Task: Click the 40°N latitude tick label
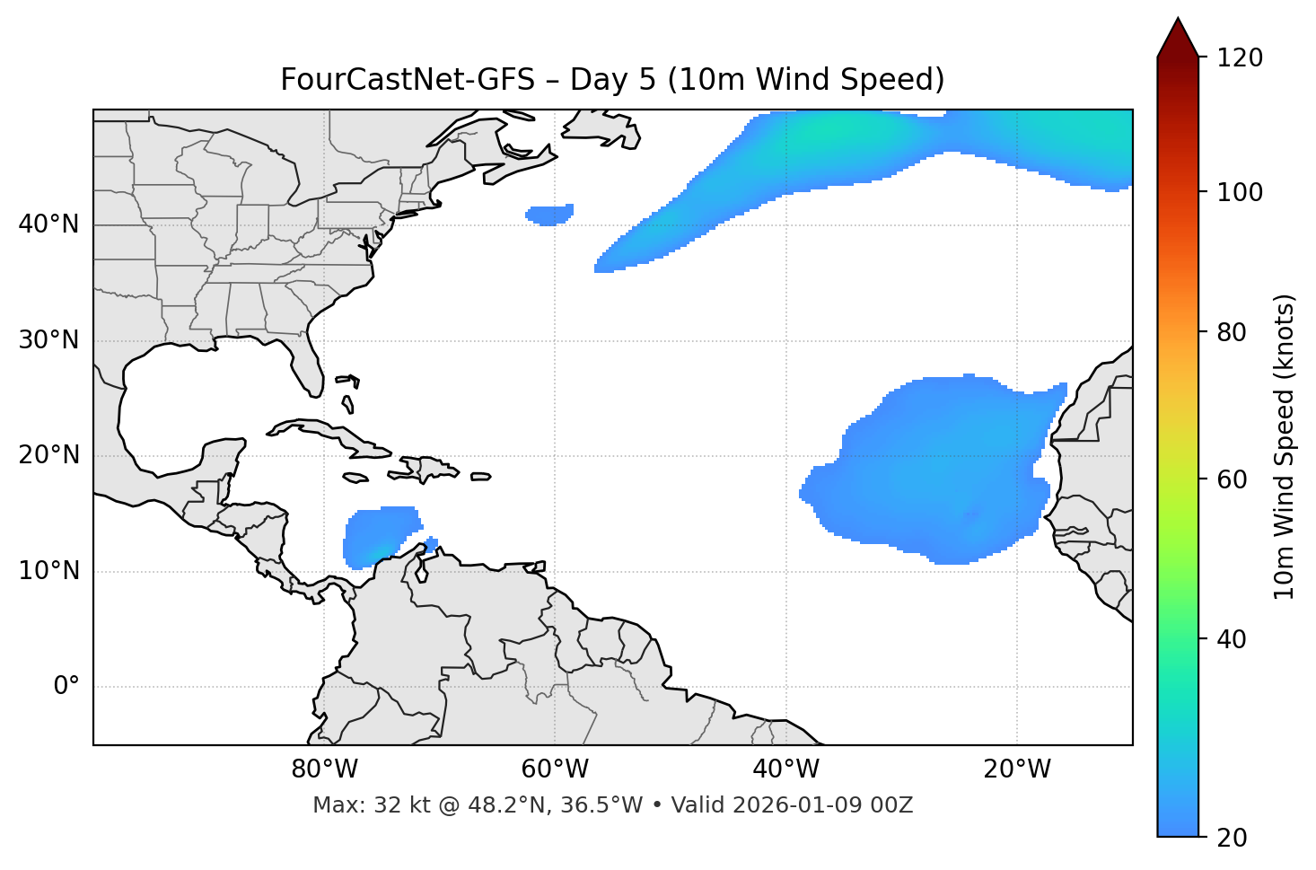click(x=48, y=224)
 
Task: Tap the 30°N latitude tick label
click(x=48, y=340)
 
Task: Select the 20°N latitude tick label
click(x=48, y=455)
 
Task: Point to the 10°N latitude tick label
click(x=48, y=571)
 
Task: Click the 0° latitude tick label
click(x=66, y=687)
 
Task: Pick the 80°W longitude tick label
click(x=324, y=769)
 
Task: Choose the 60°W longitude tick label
click(x=555, y=769)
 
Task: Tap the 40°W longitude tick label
click(x=785, y=769)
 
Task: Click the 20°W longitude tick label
click(x=1017, y=769)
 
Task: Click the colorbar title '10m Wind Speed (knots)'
click(x=1285, y=447)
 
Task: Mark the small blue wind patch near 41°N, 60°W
click(x=549, y=215)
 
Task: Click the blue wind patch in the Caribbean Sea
click(x=380, y=536)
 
